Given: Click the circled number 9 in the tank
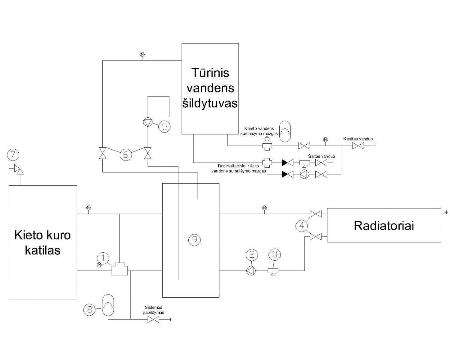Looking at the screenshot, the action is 194,240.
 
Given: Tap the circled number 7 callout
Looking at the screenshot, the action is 13,155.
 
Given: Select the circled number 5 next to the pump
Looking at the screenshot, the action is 165,127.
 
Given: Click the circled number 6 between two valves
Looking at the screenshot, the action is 126,155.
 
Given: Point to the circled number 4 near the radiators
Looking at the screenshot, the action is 302,226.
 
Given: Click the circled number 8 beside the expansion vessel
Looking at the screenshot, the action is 89,309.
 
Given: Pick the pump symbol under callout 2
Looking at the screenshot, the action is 251,271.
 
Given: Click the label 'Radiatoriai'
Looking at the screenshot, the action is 384,226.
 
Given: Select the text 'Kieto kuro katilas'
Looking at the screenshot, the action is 43,243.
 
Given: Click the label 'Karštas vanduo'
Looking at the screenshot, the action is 358,139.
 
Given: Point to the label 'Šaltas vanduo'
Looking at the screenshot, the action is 322,156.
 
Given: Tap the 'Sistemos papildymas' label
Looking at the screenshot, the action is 153,310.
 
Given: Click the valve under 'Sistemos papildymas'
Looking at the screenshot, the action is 153,319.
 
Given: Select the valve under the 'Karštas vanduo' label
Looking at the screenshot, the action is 358,146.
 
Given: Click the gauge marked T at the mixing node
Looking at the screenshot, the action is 267,139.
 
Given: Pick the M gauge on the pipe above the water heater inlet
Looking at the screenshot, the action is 142,55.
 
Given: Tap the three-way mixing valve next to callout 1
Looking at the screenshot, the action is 120,269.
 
